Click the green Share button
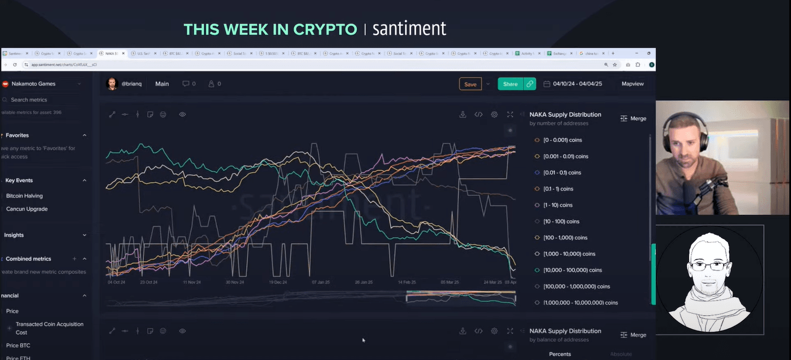pyautogui.click(x=510, y=84)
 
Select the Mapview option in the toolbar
pyautogui.click(x=632, y=84)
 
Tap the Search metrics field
pyautogui.click(x=29, y=100)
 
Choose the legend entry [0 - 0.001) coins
pyautogui.click(x=562, y=140)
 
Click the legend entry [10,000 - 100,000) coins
pyautogui.click(x=572, y=270)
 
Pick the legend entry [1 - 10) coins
pyautogui.click(x=558, y=205)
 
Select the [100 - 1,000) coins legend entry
pyautogui.click(x=565, y=238)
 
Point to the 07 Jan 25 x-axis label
pyautogui.click(x=320, y=281)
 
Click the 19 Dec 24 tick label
pyautogui.click(x=278, y=281)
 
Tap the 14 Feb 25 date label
pyautogui.click(x=407, y=281)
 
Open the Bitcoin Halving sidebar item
pyautogui.click(x=24, y=196)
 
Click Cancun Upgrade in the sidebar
pyautogui.click(x=27, y=209)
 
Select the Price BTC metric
pyautogui.click(x=18, y=345)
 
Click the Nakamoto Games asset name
pyautogui.click(x=33, y=84)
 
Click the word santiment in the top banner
pyautogui.click(x=409, y=28)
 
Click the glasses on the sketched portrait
pyautogui.click(x=709, y=265)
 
